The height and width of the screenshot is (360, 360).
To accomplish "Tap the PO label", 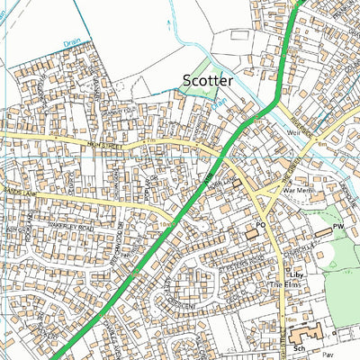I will coord(262,224).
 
